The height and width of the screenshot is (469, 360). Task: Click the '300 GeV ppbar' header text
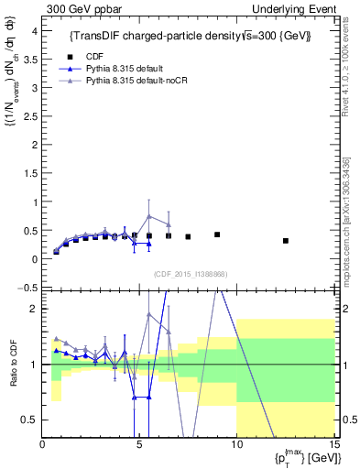click(x=80, y=8)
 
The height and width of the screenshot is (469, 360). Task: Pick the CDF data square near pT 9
click(x=217, y=234)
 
